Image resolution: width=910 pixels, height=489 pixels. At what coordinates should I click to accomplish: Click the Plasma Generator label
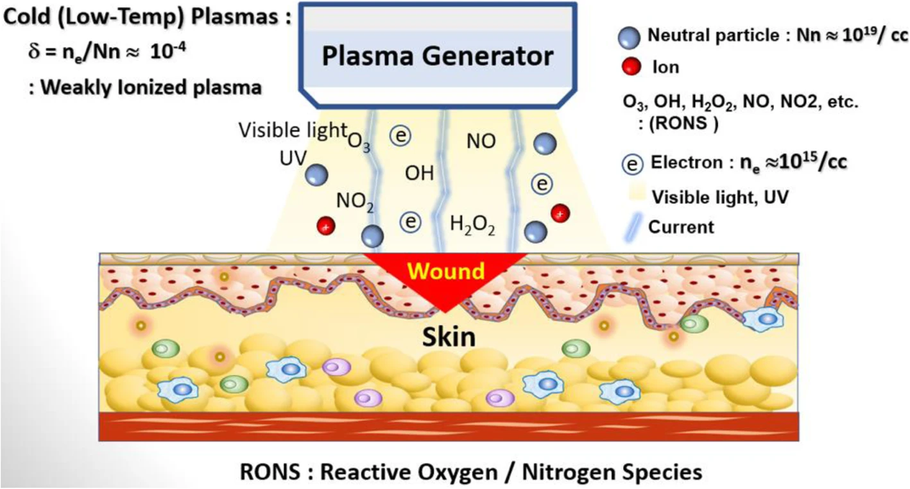[x=438, y=56]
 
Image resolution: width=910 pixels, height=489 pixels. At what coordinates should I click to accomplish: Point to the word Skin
[x=449, y=336]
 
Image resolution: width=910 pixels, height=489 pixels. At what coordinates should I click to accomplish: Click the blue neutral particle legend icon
[x=631, y=37]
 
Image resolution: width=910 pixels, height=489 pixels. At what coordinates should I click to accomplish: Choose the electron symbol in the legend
[x=633, y=165]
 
